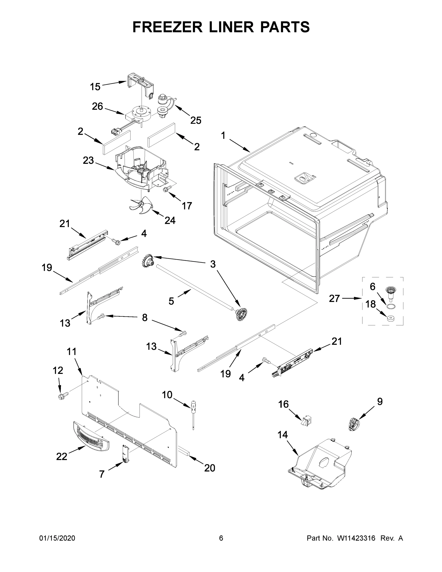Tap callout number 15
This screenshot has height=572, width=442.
coord(95,87)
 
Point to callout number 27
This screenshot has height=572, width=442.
coord(334,298)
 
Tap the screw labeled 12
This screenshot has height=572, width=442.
coord(63,396)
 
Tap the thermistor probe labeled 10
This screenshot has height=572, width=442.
coord(193,414)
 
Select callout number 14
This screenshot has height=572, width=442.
coord(283,435)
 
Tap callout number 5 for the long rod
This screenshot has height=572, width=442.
coord(171,301)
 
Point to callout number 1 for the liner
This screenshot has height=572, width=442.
coord(223,135)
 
